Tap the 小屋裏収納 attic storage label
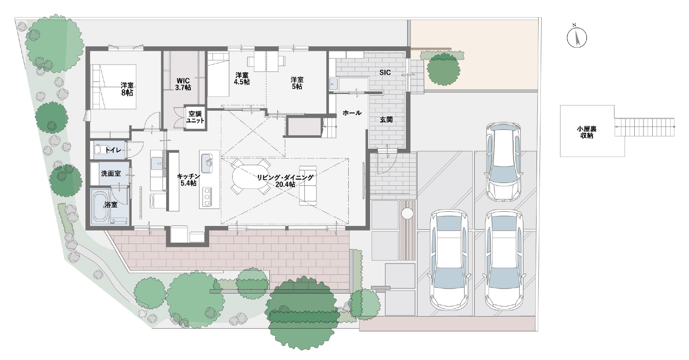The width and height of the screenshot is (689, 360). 587,132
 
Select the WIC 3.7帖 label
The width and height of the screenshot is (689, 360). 183,84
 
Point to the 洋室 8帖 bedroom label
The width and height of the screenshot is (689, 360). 127,89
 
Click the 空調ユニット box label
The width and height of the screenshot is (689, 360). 195,117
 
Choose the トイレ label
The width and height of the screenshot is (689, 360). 113,150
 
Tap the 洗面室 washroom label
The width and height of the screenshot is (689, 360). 111,174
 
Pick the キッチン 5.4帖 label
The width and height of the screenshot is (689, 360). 189,180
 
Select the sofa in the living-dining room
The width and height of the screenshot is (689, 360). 308,185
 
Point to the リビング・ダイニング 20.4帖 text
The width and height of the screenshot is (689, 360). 285,181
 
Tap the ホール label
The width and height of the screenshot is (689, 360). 352,113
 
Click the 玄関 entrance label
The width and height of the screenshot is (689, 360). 386,120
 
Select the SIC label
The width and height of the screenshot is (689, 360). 385,72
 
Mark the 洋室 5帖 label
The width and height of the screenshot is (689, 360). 297,83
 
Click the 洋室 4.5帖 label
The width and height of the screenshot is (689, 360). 242,79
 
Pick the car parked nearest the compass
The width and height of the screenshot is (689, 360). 504,162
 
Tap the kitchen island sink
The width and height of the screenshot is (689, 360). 207,163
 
